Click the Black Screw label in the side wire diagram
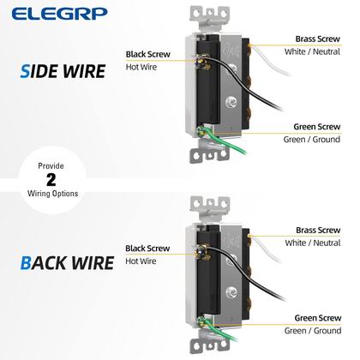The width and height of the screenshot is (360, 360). [147, 53]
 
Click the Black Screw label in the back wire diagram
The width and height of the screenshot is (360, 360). [147, 249]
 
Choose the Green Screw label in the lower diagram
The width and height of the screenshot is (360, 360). [317, 317]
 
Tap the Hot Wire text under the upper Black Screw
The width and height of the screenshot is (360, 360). [141, 66]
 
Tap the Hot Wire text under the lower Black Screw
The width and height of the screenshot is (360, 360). [141, 261]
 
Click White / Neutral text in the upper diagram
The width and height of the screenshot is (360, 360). [312, 52]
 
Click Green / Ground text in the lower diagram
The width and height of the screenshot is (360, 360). [314, 330]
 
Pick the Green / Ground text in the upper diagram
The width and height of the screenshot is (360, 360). [314, 140]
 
